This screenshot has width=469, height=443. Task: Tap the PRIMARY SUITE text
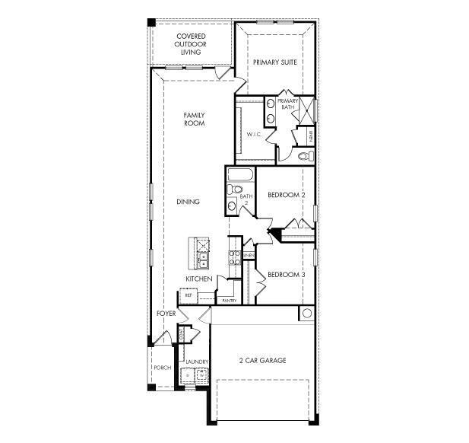coord(274,62)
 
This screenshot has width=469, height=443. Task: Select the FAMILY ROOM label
coord(195,119)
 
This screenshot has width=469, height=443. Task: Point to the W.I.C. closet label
coord(253,135)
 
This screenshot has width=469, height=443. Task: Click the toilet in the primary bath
coord(304,155)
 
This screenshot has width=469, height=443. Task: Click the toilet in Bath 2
coord(235,190)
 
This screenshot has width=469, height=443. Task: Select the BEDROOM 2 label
coord(286,196)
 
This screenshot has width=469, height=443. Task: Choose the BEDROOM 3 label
coord(286,274)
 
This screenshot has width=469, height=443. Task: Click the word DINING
coord(188,202)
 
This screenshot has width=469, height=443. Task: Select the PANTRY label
coord(229,300)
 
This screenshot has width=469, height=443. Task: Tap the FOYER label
coord(166,314)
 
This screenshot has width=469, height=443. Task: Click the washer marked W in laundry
coord(202,375)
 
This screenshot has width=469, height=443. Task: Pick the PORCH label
coord(162,367)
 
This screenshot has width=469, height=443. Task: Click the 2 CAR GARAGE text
coord(262,360)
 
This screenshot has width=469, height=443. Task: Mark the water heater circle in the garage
coord(306,313)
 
